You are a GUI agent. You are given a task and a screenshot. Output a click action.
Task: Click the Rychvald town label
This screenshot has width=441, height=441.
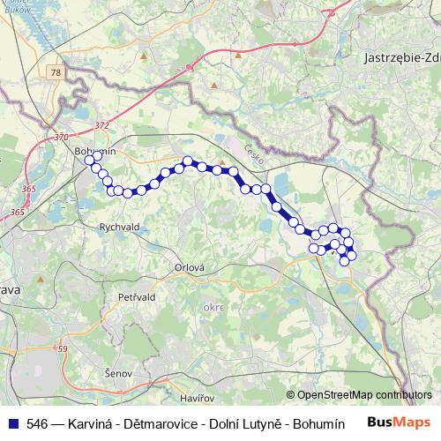(x=121, y=226)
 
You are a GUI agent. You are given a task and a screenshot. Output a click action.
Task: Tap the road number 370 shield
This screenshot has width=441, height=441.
(x=61, y=137)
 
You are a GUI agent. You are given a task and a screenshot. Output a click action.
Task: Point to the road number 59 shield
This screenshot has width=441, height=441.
(x=62, y=348)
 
